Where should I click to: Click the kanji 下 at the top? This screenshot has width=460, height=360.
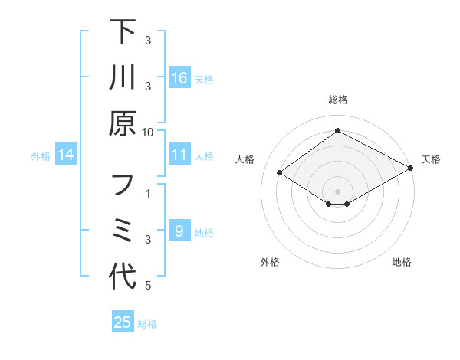coord(123,33)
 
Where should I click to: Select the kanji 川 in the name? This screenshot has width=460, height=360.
coord(123,79)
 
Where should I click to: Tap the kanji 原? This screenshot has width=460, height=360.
coord(123,123)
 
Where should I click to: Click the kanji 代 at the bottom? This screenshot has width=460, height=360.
coord(123,276)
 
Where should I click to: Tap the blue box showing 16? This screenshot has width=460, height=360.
coord(179,78)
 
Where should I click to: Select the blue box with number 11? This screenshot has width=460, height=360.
coord(179,155)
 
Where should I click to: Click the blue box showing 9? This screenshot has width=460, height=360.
coord(179,231)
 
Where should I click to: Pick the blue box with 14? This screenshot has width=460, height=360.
coord(66,155)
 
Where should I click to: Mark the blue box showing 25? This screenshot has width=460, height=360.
coord(123,322)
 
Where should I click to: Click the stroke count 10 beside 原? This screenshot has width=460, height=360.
coord(148,132)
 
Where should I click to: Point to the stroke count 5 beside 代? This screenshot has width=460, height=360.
coord(148,286)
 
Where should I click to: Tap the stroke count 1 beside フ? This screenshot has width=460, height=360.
coord(148,195)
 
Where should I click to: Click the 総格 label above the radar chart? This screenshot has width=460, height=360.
coord(337,100)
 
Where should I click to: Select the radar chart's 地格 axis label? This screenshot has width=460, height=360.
coord(402,263)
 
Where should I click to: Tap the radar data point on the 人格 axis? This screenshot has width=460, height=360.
coord(280,173)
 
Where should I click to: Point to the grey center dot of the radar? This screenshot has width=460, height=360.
coord(337,191)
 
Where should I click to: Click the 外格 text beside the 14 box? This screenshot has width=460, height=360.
coord(41,155)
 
